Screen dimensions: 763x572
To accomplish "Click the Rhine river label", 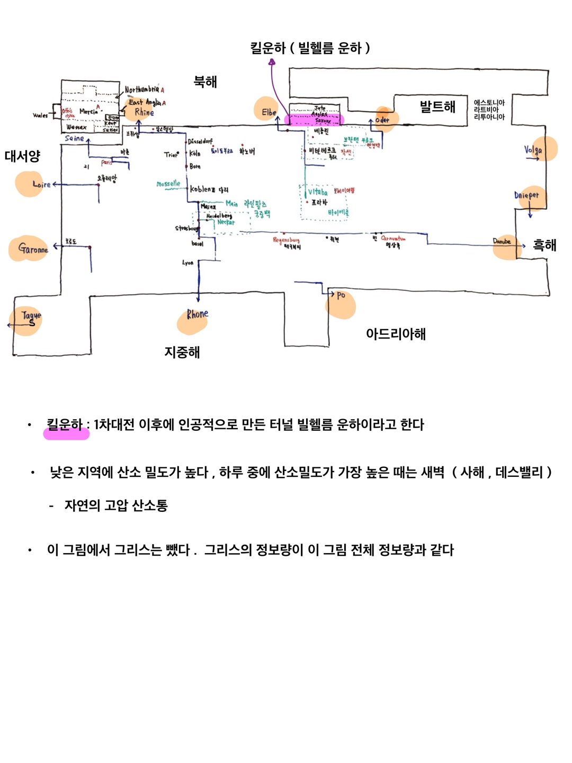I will [144, 112].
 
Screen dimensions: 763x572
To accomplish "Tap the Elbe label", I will [269, 112].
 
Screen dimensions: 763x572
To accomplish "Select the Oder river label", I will [382, 120].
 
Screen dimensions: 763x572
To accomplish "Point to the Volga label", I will [533, 150].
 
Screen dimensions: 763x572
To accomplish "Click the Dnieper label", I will [526, 195].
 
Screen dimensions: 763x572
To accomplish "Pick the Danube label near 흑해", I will [502, 242].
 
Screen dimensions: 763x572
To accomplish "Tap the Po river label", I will [341, 295].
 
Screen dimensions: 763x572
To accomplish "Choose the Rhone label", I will [197, 314].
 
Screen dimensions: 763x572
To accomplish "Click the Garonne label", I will [33, 248].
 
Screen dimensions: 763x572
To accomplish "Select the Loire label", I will [41, 184].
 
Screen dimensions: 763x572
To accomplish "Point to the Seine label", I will [75, 138].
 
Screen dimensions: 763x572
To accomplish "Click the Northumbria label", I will [142, 90].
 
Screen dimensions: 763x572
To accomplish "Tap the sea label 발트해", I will [437, 107].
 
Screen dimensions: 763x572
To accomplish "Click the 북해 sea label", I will [205, 82].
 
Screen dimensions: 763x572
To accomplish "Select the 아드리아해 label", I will [396, 334].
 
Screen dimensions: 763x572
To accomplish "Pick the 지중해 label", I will [182, 352].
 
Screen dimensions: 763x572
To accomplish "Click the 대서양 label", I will [22, 156].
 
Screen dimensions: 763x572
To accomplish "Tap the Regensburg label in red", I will [286, 240].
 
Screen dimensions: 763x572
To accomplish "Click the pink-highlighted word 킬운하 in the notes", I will [65, 425].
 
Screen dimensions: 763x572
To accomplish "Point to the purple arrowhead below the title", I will [272, 62].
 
